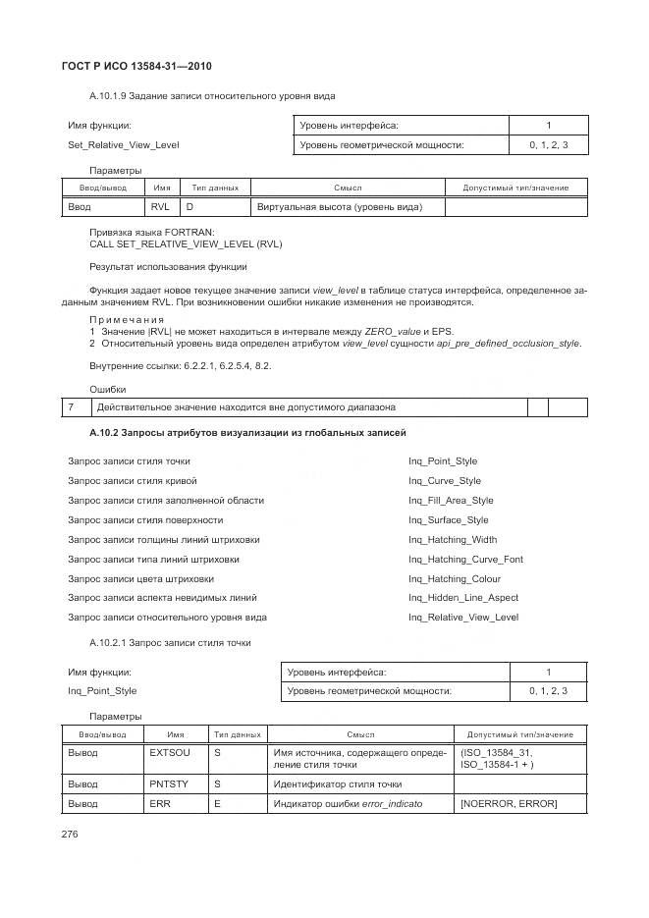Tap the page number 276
point(75,835)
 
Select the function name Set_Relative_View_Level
point(123,145)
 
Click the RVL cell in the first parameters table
point(160,207)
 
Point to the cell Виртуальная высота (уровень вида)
point(339,207)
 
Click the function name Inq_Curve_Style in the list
point(445,481)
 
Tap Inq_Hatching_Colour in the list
point(454,578)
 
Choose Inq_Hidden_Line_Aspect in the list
point(463,598)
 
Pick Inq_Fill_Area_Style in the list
point(451,501)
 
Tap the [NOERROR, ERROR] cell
point(508,804)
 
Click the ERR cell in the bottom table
point(160,804)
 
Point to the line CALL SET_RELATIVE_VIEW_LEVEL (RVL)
point(186,243)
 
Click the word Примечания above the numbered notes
point(126,320)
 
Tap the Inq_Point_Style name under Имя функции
point(102,691)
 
